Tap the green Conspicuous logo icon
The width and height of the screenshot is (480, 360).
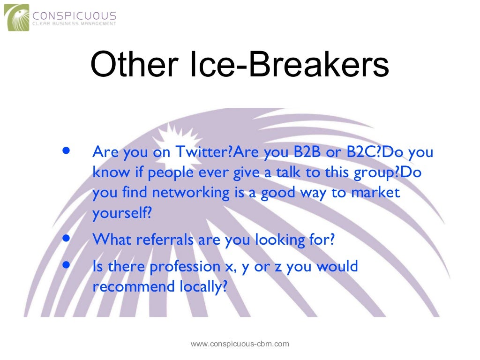coord(16,17)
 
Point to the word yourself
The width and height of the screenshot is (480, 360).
coord(122,213)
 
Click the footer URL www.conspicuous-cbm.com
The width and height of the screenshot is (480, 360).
coord(240,344)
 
